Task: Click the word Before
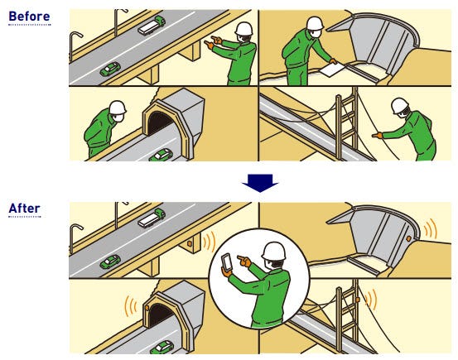click(29, 17)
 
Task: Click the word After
click(25, 209)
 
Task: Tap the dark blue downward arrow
click(260, 183)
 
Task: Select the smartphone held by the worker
click(227, 262)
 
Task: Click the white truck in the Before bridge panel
click(152, 26)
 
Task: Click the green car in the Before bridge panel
click(110, 70)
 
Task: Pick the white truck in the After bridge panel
click(152, 218)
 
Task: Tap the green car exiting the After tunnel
click(162, 348)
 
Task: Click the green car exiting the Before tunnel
click(161, 155)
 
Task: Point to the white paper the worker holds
click(332, 70)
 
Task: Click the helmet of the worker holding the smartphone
click(273, 251)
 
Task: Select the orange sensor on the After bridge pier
click(190, 243)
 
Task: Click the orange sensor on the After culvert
click(408, 239)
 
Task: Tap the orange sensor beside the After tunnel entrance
click(147, 308)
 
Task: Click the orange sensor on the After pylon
click(357, 300)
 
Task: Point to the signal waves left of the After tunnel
click(131, 306)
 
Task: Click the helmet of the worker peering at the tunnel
click(118, 108)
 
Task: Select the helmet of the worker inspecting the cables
click(399, 105)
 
